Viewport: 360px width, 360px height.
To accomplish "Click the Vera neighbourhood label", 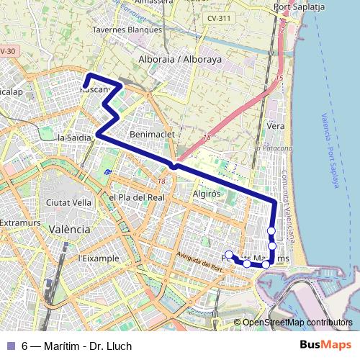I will [x=275, y=125].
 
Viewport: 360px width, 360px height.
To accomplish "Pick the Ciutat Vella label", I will [x=68, y=203].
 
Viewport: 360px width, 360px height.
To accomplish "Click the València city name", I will [x=68, y=228].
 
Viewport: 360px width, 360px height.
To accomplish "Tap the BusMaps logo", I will [x=325, y=346].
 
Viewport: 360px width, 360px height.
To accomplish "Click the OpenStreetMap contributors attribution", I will [x=297, y=323].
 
